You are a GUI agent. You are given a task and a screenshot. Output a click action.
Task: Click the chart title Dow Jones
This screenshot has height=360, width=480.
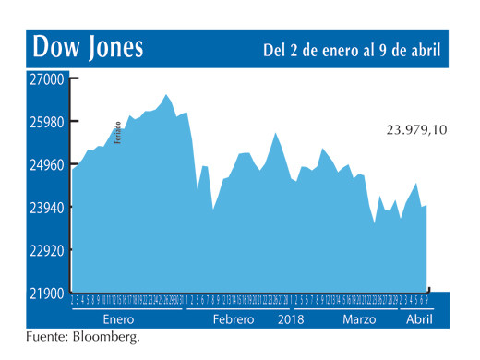tap(88, 48)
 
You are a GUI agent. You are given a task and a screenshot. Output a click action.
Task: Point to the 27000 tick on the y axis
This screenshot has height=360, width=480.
tap(44, 79)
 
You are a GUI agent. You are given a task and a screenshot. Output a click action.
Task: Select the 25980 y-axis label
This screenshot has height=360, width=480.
tap(44, 122)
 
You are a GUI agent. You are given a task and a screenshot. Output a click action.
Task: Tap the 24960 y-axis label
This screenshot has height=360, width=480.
tap(44, 165)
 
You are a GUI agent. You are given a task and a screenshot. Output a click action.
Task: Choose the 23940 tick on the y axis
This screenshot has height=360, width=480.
tap(44, 208)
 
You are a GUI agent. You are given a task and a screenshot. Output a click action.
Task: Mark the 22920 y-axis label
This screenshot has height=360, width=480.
tap(44, 251)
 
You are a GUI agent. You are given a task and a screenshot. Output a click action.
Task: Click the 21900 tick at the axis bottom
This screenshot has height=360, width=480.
tap(44, 294)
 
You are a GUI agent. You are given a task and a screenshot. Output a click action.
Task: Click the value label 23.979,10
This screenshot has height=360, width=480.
tap(416, 131)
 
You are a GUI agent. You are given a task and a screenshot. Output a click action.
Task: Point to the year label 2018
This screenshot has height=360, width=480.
tap(293, 318)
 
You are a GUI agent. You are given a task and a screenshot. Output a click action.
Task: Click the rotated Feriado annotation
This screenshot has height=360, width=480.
tap(117, 133)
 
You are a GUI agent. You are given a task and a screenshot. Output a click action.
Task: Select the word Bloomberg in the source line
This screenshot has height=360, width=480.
tap(109, 337)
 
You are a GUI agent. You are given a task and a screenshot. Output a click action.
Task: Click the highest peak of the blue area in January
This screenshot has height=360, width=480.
tap(166, 94)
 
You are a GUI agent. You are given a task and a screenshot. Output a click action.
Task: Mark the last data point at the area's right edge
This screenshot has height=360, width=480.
tap(426, 205)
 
